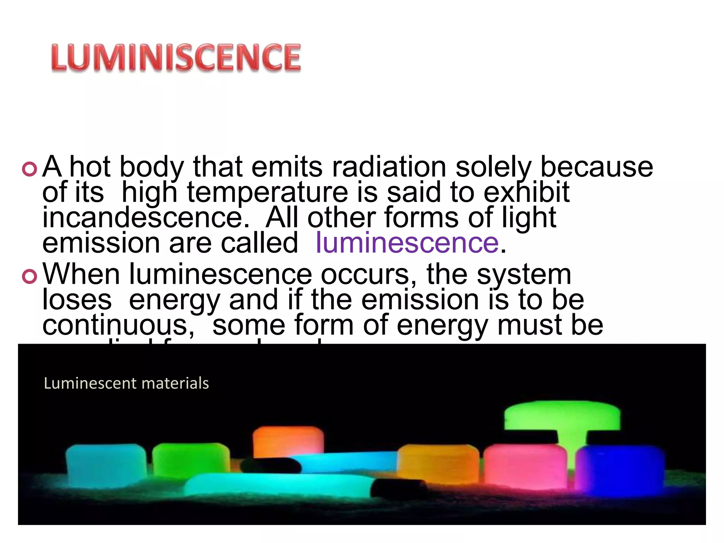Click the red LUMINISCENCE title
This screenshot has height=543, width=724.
(176, 58)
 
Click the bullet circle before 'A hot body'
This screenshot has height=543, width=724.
(29, 169)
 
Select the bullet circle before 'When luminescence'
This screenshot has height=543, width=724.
(29, 276)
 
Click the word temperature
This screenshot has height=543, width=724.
(268, 193)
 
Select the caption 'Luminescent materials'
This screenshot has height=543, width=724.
(126, 383)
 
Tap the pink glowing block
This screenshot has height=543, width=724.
(525, 467)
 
